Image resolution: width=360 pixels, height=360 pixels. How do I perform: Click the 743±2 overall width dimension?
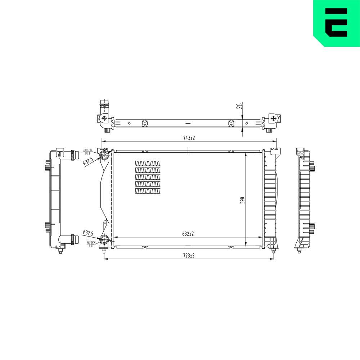click(x=189, y=138)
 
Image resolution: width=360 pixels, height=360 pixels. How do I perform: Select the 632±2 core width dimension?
click(x=188, y=234)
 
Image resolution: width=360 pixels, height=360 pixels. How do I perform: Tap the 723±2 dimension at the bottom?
click(x=189, y=256)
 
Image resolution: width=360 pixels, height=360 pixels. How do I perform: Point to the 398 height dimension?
click(x=242, y=200)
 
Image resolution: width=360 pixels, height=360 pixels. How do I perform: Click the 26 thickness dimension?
click(x=240, y=105)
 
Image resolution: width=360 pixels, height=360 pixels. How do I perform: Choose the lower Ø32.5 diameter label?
click(x=88, y=233)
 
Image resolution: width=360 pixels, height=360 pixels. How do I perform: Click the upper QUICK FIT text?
click(x=88, y=152)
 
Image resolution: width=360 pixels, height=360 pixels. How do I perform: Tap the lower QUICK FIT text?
click(x=91, y=244)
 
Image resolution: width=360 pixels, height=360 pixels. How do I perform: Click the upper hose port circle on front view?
click(x=104, y=154)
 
